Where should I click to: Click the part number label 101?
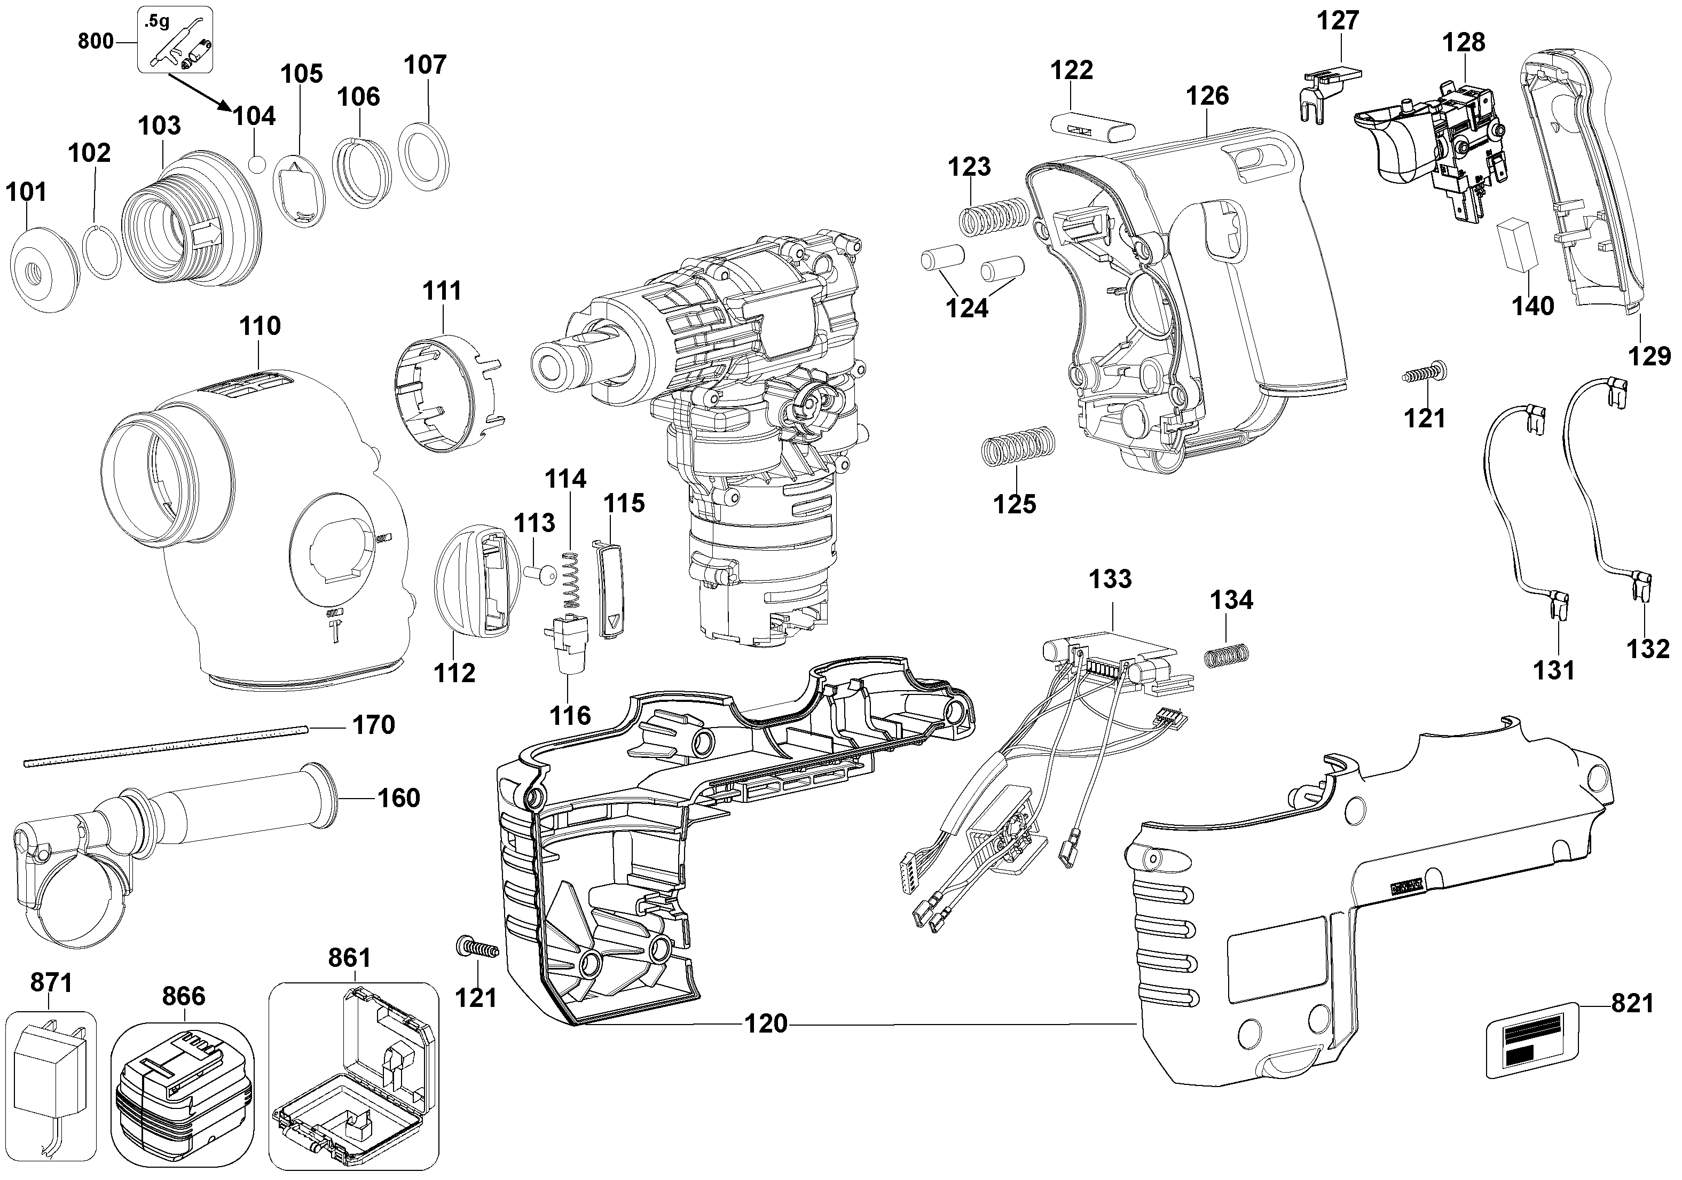click(26, 192)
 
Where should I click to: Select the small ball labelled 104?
click(256, 164)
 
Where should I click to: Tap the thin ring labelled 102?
click(100, 252)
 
